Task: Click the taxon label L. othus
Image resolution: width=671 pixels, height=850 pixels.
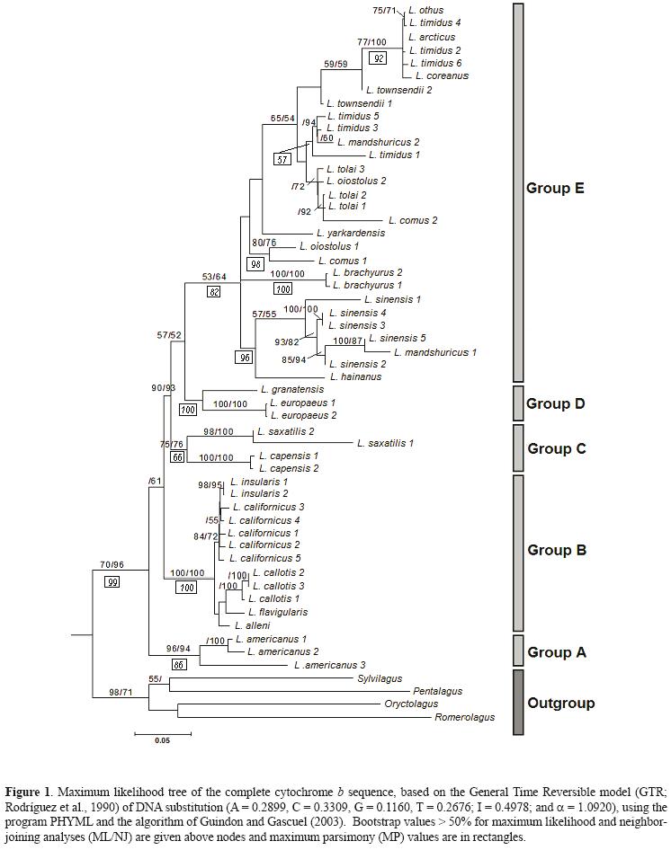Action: click(x=425, y=11)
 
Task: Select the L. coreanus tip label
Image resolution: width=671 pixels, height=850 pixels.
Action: click(x=442, y=76)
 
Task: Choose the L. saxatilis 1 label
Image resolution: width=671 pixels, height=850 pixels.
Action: click(x=386, y=443)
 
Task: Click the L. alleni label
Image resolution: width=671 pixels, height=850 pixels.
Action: click(x=252, y=624)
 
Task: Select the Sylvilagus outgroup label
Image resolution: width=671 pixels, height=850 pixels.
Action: click(x=380, y=678)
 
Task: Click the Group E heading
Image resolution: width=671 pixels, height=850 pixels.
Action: click(x=555, y=189)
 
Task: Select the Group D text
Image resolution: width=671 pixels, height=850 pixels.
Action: click(x=556, y=403)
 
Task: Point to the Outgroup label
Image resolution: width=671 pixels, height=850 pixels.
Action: click(x=560, y=703)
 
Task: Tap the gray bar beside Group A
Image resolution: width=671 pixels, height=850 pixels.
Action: click(x=517, y=649)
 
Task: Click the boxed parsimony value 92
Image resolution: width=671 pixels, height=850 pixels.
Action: click(x=379, y=58)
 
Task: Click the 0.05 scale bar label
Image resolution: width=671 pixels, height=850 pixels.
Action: click(x=162, y=741)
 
